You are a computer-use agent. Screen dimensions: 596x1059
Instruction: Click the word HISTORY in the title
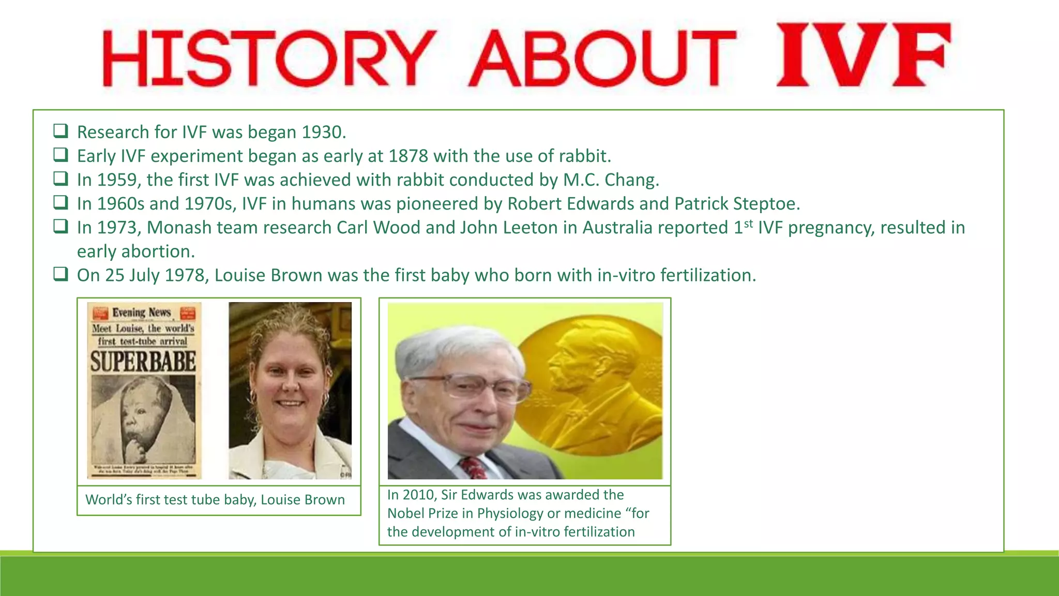[269, 58]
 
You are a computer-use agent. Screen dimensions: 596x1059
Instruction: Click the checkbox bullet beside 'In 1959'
[60, 179]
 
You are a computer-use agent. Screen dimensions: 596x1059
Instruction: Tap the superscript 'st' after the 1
[748, 224]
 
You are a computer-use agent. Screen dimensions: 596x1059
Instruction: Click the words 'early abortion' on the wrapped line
[135, 251]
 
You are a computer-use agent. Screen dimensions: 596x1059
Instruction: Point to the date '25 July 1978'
[156, 275]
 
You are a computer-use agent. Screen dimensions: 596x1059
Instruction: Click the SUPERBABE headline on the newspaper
[143, 362]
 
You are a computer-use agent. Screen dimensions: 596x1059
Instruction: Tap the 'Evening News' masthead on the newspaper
[142, 312]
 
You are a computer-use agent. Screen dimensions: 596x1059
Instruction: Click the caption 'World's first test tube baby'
[215, 500]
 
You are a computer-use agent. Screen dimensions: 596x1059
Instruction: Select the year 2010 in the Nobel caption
[419, 495]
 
